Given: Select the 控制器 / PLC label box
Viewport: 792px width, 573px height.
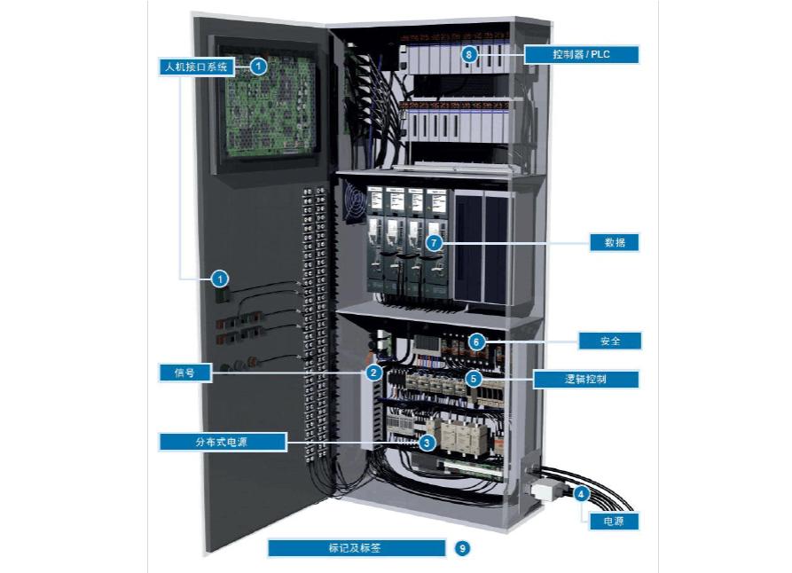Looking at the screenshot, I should [582, 55].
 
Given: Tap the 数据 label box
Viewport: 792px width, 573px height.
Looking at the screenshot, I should [615, 242].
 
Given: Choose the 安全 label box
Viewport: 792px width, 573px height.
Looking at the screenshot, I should [608, 341].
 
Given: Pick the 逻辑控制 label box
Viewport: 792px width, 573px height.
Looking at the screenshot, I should [585, 379].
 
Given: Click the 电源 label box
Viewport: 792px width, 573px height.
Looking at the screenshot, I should [614, 522].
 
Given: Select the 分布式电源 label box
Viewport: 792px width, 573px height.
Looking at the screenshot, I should [223, 441].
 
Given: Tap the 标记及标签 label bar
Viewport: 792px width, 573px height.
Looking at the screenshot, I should [356, 548].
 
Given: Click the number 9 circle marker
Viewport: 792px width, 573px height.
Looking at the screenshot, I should [462, 548].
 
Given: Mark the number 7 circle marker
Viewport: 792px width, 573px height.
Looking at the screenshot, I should [434, 242].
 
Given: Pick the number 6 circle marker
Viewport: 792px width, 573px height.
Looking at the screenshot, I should [476, 341].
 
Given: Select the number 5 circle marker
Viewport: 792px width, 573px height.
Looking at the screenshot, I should [474, 379].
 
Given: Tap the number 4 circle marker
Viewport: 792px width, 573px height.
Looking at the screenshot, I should [581, 494].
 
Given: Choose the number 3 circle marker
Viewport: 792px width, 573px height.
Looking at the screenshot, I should [427, 442].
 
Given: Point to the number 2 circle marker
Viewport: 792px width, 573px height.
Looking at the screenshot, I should [374, 373].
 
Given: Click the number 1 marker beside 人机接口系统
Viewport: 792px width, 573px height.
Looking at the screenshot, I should [257, 66].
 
